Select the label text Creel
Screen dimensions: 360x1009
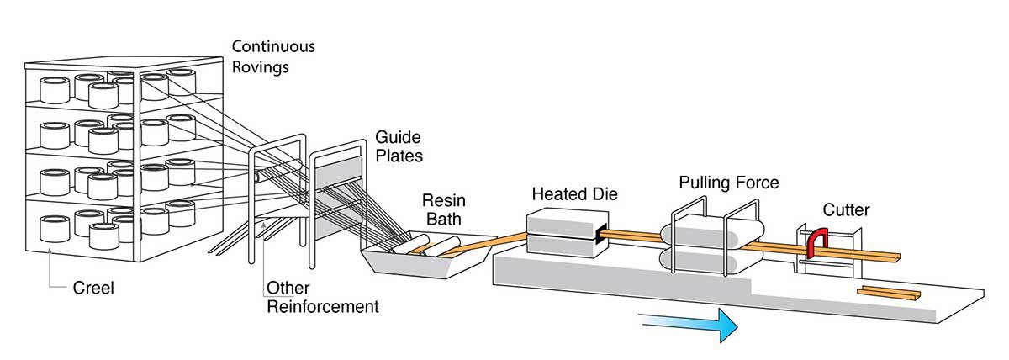click(x=92, y=289)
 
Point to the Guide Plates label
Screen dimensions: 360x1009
click(x=398, y=146)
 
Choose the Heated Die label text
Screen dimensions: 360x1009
click(x=574, y=194)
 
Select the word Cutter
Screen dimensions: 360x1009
click(x=845, y=210)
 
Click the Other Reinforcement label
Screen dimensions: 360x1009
click(x=321, y=298)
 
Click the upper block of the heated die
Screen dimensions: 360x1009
click(x=559, y=221)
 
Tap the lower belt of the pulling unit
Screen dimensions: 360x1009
click(x=715, y=258)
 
